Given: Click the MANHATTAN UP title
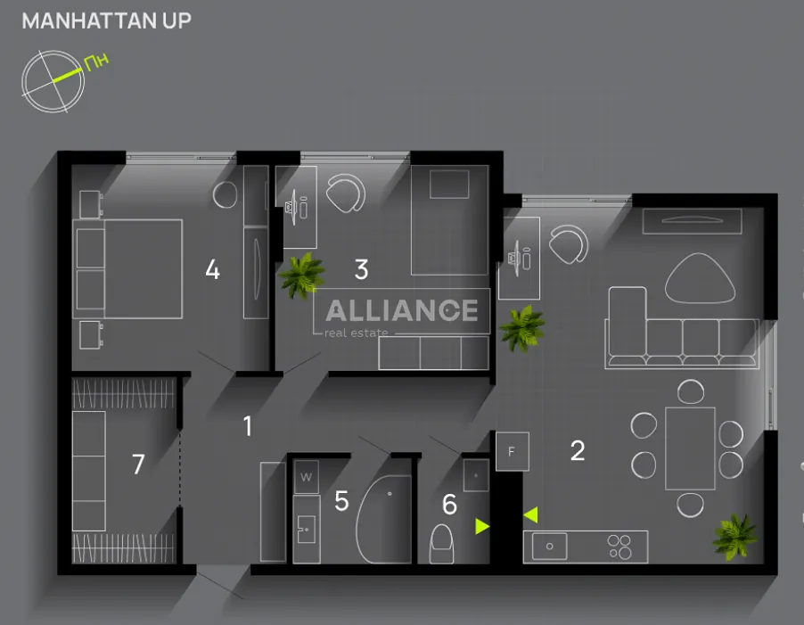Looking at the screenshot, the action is (x=107, y=21).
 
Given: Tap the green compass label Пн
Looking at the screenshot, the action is (x=96, y=62).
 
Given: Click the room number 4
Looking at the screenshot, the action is (x=213, y=269).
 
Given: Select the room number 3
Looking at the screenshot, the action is (x=362, y=269).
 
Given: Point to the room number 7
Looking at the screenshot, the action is (x=138, y=464).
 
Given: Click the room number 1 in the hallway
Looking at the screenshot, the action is (x=248, y=426).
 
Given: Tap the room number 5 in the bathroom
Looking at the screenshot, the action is (x=341, y=501).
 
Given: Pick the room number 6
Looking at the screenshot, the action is (x=449, y=505).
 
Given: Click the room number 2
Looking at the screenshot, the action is (x=578, y=450).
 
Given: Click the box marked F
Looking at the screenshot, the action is (x=513, y=452).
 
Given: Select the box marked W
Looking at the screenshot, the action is (x=306, y=477).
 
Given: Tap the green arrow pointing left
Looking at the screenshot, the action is (x=530, y=514).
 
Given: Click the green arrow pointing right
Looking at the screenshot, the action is (x=482, y=526).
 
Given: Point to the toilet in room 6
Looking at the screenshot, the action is (x=441, y=544).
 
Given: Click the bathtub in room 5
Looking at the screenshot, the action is (x=383, y=519).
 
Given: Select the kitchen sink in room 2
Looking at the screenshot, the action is (x=550, y=546).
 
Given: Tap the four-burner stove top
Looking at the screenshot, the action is (x=619, y=547).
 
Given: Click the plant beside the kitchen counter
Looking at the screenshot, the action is (x=734, y=537).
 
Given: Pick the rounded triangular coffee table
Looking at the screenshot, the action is (x=700, y=278).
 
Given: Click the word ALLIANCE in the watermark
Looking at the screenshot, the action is (x=402, y=310).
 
